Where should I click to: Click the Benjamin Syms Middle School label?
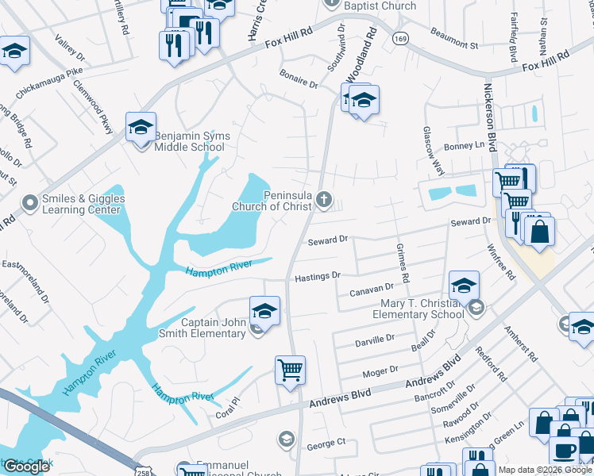(x=192, y=141)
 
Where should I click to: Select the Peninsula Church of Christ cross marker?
(x=323, y=199)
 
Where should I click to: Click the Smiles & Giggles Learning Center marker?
(x=30, y=204)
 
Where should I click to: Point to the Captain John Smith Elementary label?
(x=214, y=328)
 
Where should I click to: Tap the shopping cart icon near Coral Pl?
(x=290, y=370)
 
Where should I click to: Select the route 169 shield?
(x=400, y=38)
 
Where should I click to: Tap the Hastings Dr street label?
(x=318, y=276)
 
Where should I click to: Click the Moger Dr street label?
(x=379, y=370)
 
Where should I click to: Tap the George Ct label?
(x=326, y=441)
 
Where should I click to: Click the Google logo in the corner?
(x=26, y=466)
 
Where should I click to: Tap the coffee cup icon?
(x=565, y=451)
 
